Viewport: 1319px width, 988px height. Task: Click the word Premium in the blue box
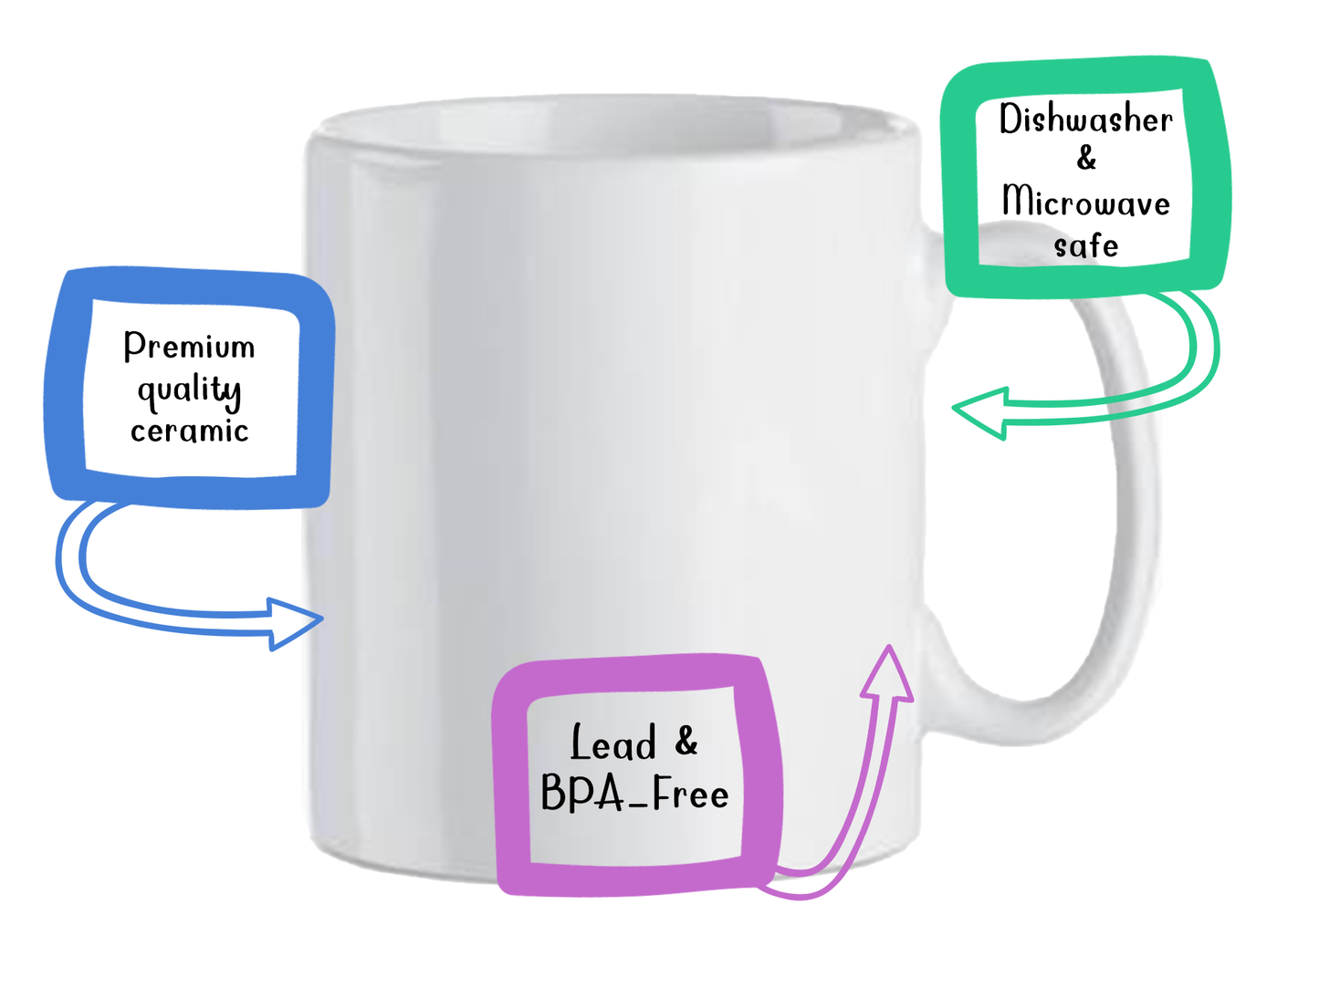point(189,346)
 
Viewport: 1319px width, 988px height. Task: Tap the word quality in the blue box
point(189,390)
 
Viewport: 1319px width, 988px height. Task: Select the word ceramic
point(189,431)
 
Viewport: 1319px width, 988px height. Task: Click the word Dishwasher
point(1085,120)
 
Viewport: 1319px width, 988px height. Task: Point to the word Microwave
point(1085,202)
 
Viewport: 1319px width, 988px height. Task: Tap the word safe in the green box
point(1085,245)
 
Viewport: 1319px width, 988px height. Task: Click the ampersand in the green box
point(1086,159)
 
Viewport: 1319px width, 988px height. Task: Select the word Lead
point(613,744)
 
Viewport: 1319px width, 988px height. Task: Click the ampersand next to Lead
point(686,741)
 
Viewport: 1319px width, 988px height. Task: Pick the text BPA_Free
point(634,794)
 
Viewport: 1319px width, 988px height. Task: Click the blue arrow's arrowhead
point(296,623)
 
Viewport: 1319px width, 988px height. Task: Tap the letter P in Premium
point(133,345)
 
